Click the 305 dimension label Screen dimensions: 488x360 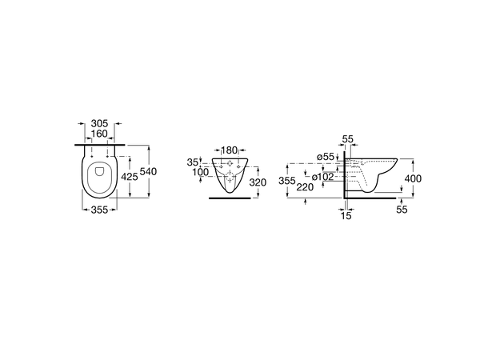coord(99,123)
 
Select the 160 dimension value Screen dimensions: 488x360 coord(99,134)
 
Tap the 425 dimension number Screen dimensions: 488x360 coord(129,177)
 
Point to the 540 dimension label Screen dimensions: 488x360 coord(149,171)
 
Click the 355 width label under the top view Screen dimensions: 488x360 coord(99,210)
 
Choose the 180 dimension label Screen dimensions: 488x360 coord(229,150)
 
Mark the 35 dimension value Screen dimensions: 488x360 coord(192,162)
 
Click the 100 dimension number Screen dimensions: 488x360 coord(201,172)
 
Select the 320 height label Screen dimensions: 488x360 coord(258,182)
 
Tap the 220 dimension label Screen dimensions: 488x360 coord(305,187)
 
